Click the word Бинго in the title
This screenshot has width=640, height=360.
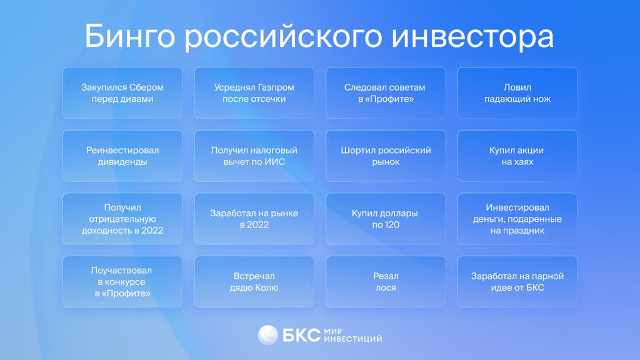tap(130, 36)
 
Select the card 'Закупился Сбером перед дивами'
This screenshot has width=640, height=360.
tap(122, 93)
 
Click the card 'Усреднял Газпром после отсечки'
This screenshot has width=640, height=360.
tap(254, 93)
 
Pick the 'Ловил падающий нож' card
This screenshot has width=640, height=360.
tap(517, 93)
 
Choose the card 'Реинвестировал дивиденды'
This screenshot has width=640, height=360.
tap(122, 156)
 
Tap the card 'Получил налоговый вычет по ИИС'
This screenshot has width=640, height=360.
tap(254, 156)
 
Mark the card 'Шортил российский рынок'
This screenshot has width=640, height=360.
tap(386, 156)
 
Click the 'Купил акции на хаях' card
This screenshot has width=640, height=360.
tap(517, 156)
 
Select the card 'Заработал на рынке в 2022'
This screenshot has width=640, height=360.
tap(254, 219)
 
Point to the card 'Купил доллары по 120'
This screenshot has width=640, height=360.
tap(386, 219)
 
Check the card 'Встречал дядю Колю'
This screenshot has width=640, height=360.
tap(254, 282)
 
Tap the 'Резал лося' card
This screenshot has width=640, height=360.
tap(386, 282)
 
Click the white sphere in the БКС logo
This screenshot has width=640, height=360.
tap(268, 335)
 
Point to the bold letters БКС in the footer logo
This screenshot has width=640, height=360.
tap(301, 336)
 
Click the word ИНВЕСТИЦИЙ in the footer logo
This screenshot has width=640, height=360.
tap(353, 339)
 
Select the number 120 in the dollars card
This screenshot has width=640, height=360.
tap(391, 224)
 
